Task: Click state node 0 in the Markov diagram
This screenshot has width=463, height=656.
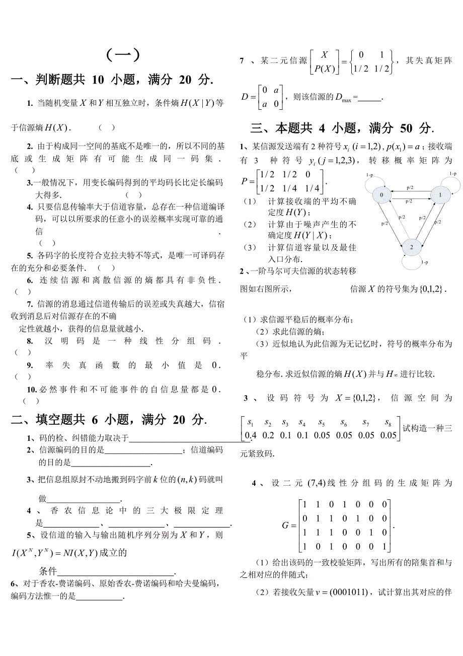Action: (381, 195)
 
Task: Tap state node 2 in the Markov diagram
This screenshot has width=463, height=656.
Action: (411, 247)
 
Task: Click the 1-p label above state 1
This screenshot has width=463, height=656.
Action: (453, 174)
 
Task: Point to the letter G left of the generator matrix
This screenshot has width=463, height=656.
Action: (286, 526)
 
